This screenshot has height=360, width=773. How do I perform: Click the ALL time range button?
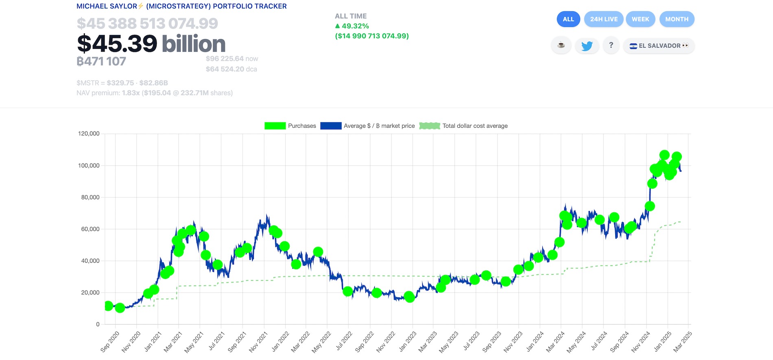568,19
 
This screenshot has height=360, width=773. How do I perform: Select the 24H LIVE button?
603,19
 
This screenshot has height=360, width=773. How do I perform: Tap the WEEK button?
640,19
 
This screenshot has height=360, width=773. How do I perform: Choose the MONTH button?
677,19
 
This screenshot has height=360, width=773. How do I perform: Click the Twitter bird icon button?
587,46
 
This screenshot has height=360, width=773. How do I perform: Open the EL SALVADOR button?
659,46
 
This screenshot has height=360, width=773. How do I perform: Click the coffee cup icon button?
561,45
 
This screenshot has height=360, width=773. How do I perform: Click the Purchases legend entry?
290,126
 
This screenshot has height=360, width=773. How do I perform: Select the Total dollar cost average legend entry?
463,126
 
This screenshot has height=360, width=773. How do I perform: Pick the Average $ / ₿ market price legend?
367,126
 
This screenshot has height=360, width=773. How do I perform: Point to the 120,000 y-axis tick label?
89,133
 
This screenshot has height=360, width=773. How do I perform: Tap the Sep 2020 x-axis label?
110,342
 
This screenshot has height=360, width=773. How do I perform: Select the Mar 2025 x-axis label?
682,342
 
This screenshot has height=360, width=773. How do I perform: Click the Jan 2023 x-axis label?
408,342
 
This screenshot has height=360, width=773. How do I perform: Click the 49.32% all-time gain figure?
355,26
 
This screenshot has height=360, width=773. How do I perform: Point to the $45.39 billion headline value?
151,44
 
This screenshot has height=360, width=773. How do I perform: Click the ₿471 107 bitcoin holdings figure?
101,61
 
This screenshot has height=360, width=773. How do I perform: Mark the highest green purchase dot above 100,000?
664,155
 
